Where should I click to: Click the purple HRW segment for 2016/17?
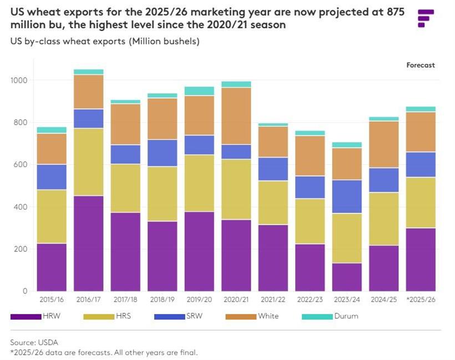(88, 243)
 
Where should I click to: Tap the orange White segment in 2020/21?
(236, 116)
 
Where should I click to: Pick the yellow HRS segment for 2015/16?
(52, 216)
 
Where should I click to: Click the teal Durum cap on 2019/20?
(199, 91)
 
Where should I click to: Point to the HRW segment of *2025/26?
(421, 259)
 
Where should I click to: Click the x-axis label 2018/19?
(162, 300)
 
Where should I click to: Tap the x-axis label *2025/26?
(421, 300)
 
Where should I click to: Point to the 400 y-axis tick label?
(22, 207)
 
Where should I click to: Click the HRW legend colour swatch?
(26, 316)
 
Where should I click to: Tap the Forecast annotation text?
(421, 65)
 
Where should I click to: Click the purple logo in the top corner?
(426, 18)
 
